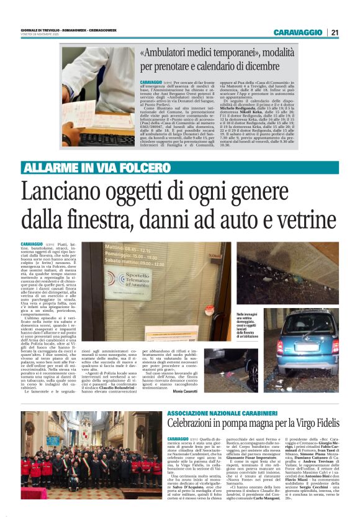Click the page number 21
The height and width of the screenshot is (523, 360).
click(x=335, y=32)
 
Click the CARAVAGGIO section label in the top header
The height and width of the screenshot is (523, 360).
click(x=299, y=32)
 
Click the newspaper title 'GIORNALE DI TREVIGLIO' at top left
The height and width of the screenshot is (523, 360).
click(x=38, y=30)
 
